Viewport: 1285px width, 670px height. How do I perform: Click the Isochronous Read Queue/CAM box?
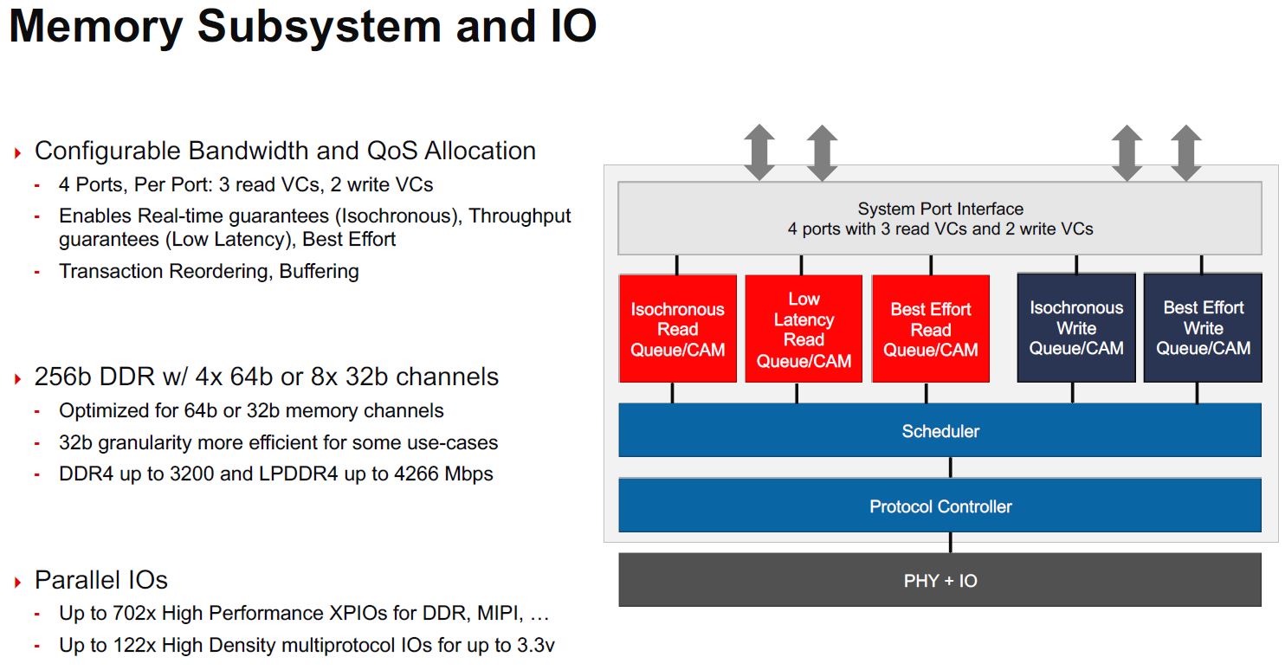[677, 329]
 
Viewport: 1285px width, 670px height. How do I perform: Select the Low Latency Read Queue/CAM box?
[804, 329]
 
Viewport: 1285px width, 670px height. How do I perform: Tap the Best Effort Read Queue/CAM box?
[931, 329]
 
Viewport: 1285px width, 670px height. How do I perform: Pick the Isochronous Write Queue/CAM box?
[1076, 328]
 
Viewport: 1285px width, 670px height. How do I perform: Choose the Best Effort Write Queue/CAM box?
[1203, 328]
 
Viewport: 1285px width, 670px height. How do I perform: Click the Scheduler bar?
[940, 431]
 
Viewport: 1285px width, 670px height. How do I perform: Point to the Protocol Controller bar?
[940, 506]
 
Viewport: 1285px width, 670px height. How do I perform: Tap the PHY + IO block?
[940, 581]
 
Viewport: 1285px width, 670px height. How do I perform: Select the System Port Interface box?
[940, 219]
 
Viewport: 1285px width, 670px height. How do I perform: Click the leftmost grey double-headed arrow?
[759, 152]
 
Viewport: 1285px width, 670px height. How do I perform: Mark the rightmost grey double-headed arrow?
[1185, 152]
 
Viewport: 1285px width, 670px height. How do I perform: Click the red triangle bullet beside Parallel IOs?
[17, 583]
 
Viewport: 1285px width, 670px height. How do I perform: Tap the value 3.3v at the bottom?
[535, 646]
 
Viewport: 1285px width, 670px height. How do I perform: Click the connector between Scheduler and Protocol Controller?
[951, 467]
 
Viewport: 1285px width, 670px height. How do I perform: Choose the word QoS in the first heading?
[396, 151]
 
